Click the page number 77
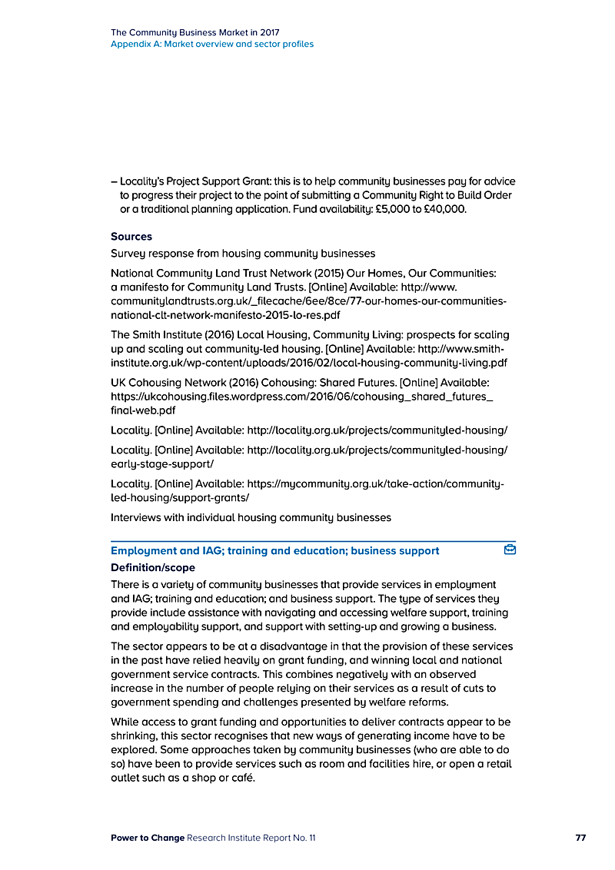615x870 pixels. click(x=580, y=838)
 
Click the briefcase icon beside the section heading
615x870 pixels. click(x=509, y=550)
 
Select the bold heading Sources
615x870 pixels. click(x=131, y=237)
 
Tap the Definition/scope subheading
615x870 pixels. click(x=153, y=568)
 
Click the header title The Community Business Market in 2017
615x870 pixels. click(x=195, y=33)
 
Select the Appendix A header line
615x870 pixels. click(x=212, y=45)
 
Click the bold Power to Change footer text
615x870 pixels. click(x=148, y=838)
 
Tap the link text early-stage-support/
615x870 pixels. click(x=162, y=464)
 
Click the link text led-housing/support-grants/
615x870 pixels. click(x=180, y=497)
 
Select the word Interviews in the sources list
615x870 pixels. click(x=135, y=517)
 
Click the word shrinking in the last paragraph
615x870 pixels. click(x=135, y=736)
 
